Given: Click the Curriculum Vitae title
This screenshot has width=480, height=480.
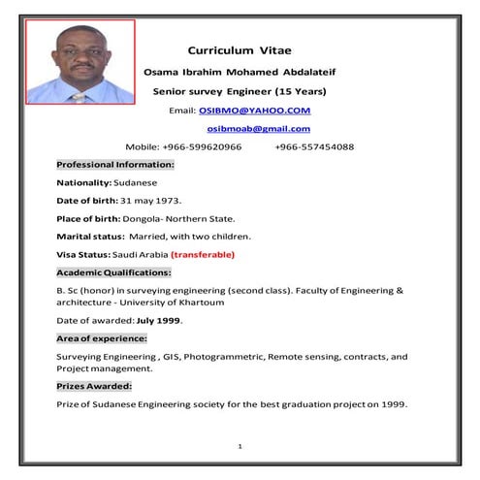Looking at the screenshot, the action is (239, 48).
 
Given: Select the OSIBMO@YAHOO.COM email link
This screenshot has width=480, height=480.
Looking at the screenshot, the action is (255, 111).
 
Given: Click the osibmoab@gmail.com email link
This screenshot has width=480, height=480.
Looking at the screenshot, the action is (259, 129).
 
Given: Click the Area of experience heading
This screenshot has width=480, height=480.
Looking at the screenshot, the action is (102, 338).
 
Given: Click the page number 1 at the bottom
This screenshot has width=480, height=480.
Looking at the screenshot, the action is (240, 446).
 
